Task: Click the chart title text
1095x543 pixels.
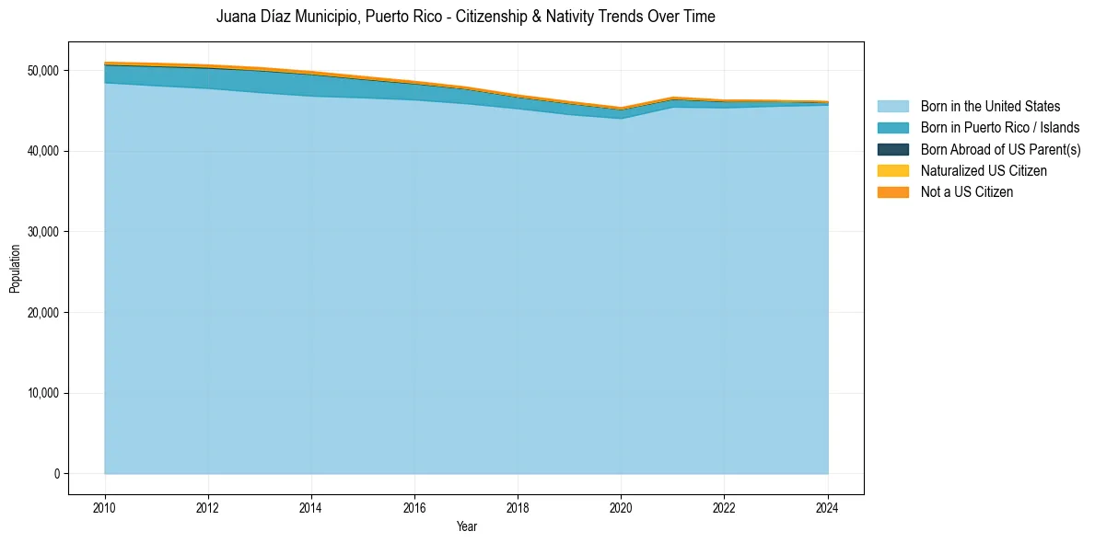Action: pyautogui.click(x=465, y=17)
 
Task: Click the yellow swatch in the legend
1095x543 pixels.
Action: pyautogui.click(x=892, y=171)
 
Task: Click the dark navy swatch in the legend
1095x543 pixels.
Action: pyautogui.click(x=892, y=149)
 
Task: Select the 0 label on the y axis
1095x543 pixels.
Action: pyautogui.click(x=56, y=474)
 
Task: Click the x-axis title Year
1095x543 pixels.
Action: pyautogui.click(x=466, y=526)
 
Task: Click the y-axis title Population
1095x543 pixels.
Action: pyautogui.click(x=15, y=269)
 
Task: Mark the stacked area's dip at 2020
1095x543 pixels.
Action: pyautogui.click(x=621, y=109)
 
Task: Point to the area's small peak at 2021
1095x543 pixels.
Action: pyautogui.click(x=672, y=98)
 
